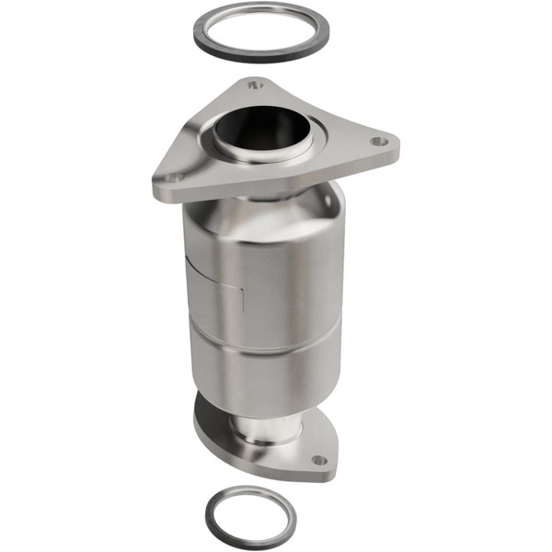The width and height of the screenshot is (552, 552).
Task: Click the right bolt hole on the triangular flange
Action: [x=376, y=143]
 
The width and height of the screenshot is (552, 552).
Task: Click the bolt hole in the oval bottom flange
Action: [x=318, y=459]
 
